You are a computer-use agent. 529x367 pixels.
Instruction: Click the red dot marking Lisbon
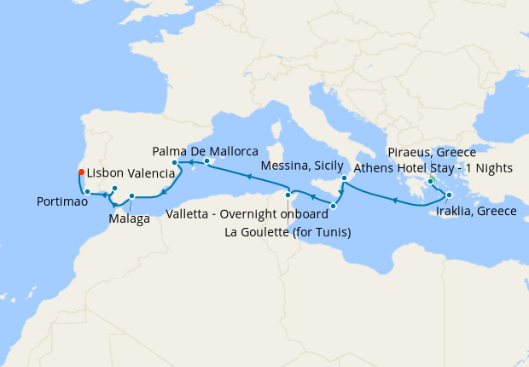(x=81, y=171)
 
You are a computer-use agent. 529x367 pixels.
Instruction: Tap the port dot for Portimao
(x=88, y=191)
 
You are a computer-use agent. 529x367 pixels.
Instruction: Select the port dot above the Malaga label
(x=131, y=197)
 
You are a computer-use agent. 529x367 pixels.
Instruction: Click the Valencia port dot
(x=175, y=162)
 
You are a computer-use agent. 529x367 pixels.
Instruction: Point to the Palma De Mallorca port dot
(x=207, y=160)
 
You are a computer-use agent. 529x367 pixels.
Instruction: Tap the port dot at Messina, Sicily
(x=344, y=178)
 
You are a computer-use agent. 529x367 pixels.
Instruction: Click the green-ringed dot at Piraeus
(x=431, y=181)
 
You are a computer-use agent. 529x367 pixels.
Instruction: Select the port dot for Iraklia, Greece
(x=449, y=195)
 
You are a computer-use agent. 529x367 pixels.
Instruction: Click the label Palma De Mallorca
(x=205, y=150)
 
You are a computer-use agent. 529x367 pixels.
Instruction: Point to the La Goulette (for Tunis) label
(x=288, y=231)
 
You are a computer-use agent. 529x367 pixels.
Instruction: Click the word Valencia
(x=153, y=172)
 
